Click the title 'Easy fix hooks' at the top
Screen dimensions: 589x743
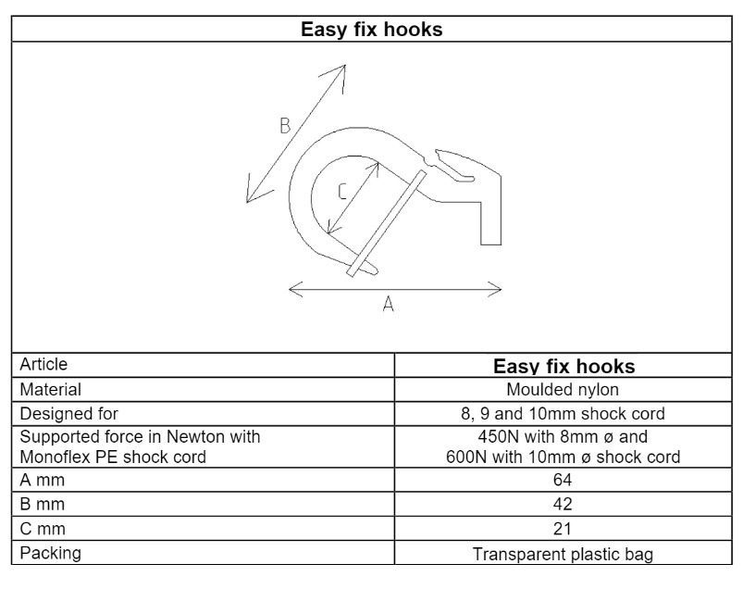click(371, 30)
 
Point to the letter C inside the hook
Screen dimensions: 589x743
click(341, 192)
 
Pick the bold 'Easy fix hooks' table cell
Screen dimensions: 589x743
click(564, 366)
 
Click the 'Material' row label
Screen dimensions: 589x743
click(50, 390)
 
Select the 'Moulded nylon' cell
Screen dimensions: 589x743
click(564, 390)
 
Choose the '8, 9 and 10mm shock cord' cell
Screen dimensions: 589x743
click(564, 413)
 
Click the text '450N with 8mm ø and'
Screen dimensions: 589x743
click(564, 436)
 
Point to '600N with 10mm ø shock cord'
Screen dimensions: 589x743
click(564, 457)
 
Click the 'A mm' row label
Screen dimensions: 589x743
click(41, 480)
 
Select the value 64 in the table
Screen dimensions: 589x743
click(564, 480)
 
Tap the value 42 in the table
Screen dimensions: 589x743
click(564, 505)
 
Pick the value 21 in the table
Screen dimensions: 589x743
click(564, 529)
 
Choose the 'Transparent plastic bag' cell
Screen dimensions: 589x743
click(564, 554)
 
